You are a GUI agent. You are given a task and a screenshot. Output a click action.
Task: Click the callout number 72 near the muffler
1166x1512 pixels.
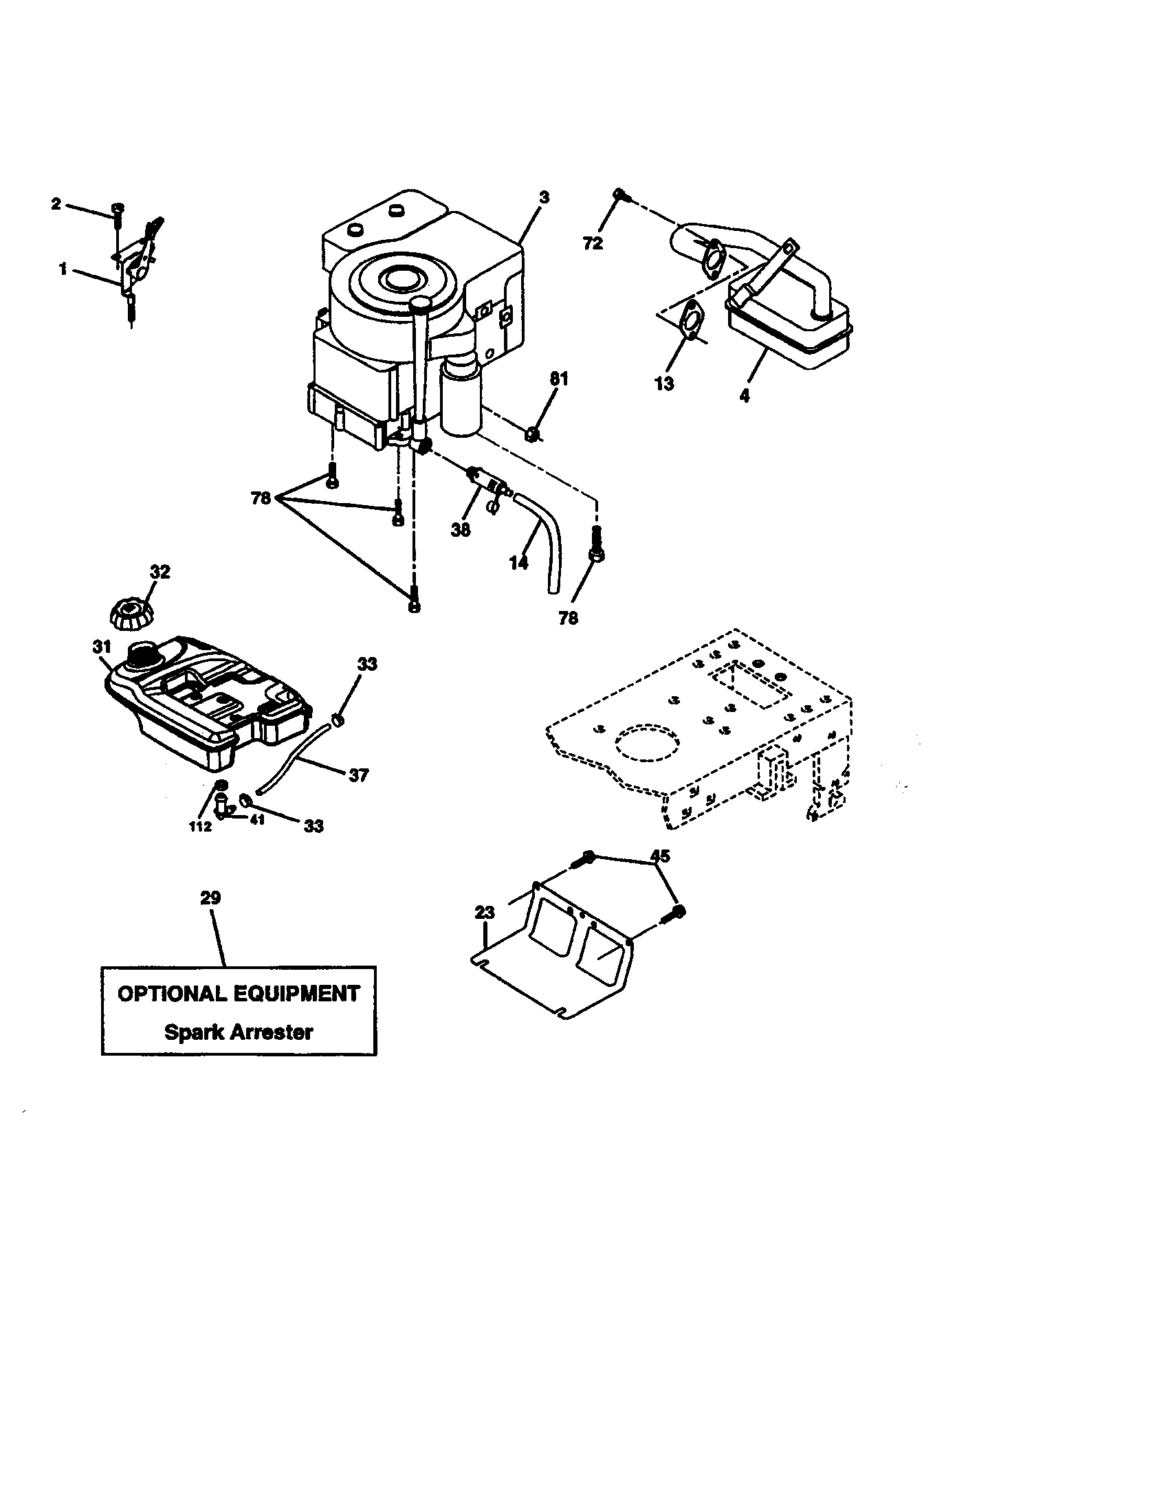[593, 243]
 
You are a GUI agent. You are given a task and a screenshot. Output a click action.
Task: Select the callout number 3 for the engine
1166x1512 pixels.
[544, 197]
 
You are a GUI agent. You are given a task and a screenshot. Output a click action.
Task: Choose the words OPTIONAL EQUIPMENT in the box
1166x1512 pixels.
[238, 994]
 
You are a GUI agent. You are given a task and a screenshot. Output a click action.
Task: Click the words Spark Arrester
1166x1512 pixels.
[238, 1032]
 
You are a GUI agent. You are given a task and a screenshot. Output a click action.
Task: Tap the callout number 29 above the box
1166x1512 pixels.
[210, 898]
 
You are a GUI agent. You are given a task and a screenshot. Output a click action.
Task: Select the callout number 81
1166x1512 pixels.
[559, 379]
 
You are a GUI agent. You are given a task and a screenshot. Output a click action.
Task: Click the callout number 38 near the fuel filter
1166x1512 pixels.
[461, 530]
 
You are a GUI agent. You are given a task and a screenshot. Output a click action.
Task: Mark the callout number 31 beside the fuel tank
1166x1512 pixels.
[102, 647]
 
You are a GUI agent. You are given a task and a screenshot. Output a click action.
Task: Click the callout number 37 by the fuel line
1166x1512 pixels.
[358, 775]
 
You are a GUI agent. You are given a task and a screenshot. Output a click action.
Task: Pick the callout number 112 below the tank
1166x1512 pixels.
[200, 826]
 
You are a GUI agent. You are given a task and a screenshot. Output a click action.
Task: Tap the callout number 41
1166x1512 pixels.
[257, 822]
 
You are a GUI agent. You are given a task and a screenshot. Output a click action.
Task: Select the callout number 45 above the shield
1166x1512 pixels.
[660, 856]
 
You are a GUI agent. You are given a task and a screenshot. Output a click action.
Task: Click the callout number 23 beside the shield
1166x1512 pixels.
[485, 913]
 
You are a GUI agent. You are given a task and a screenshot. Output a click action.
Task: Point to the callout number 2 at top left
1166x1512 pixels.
[56, 203]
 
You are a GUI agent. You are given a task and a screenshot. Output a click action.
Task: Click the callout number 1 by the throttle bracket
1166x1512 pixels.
[63, 269]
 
